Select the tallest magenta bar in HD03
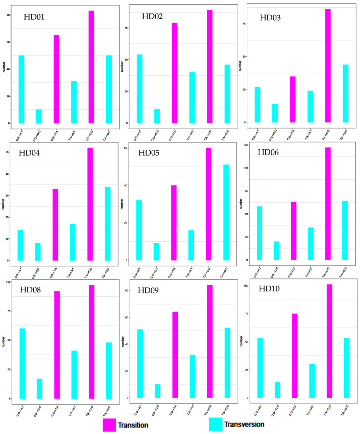328,66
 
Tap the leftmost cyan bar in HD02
140,89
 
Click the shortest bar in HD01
39,116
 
